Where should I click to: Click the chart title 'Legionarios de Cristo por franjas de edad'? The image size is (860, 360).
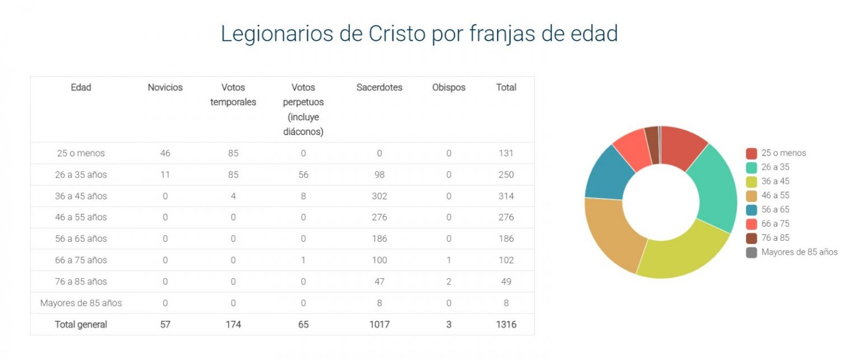(x=419, y=34)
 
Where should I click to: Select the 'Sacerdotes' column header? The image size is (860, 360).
(x=379, y=87)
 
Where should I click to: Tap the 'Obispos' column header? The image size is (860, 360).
(x=448, y=87)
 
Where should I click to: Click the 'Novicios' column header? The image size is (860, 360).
(x=165, y=87)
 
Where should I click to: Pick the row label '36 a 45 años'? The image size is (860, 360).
(x=81, y=196)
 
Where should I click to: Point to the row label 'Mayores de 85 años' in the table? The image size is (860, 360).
(x=81, y=303)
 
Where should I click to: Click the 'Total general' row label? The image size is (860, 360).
(x=81, y=325)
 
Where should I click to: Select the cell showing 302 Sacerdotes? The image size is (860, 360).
(x=379, y=196)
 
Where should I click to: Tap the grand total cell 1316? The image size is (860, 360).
(x=506, y=325)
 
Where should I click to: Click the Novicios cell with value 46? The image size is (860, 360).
(x=165, y=153)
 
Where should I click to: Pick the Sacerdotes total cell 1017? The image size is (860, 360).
(x=379, y=325)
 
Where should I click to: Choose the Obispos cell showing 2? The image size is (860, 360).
(x=448, y=282)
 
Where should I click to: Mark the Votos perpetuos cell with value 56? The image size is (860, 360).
(x=303, y=175)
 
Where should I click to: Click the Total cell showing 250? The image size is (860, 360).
(x=506, y=175)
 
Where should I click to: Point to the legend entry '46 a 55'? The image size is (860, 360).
(x=775, y=195)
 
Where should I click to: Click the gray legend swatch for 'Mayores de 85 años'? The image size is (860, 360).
(x=751, y=253)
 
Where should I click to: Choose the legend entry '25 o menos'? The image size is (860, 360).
(x=783, y=153)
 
